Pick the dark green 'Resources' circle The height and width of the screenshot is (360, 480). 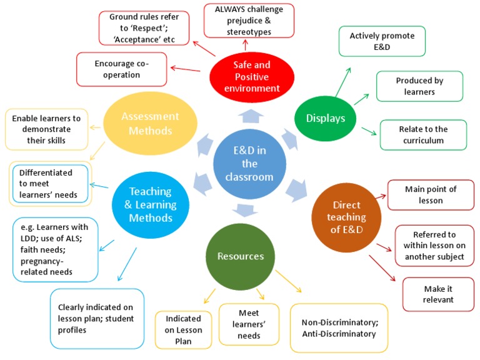240,256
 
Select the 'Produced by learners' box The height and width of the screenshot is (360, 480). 419,87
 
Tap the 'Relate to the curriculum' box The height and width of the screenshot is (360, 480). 423,135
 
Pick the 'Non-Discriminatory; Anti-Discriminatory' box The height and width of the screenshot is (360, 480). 339,328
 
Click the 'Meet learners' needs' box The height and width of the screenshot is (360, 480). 241,324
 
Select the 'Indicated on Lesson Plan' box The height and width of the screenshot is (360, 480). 183,329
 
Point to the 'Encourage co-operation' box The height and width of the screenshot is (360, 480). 121,69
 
